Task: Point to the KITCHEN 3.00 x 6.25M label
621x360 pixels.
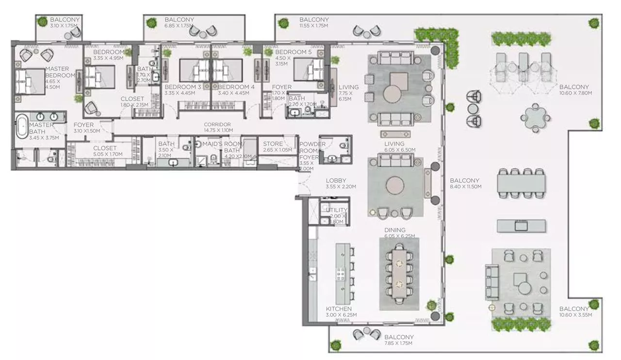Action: (x=339, y=311)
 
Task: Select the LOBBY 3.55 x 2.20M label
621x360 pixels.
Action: (x=341, y=183)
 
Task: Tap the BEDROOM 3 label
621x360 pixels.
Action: (x=183, y=90)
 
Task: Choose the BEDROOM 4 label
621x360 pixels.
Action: (x=236, y=90)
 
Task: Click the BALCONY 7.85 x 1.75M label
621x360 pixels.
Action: (x=398, y=340)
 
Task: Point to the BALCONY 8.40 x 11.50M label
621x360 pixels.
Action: (x=465, y=183)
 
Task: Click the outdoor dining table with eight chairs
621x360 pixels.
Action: (x=521, y=183)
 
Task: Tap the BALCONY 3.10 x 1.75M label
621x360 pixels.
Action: (x=65, y=22)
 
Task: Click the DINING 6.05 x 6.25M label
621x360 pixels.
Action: (x=394, y=233)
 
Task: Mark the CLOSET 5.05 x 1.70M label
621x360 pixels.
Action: (x=105, y=151)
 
